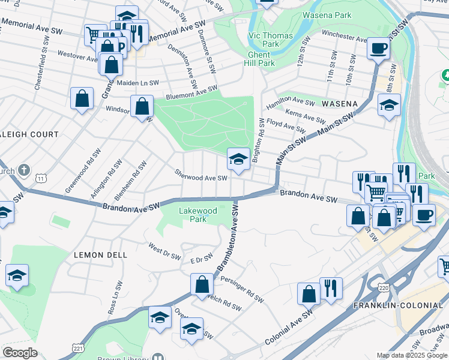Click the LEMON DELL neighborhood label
pos(100,255)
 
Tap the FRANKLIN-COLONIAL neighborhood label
pos(398,305)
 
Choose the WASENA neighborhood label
pos(339,104)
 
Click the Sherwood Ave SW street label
pos(201,178)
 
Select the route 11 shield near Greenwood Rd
pos(40,179)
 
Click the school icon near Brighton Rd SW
pos(238,160)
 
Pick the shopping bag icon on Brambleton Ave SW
pos(202,285)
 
